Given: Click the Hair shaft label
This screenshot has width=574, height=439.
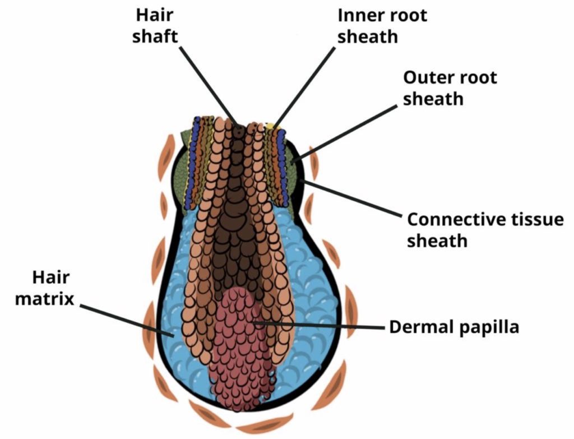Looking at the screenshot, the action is coord(155,26).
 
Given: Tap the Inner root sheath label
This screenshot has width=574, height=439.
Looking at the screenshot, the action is coord(382,26).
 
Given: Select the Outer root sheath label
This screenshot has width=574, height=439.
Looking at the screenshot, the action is coord(450,88).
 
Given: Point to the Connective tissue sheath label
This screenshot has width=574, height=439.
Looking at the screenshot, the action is coord(485,230).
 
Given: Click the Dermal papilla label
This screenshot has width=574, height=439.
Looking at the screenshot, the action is coord(454,327).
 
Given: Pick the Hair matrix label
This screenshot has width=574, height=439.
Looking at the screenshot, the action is coord(45,288).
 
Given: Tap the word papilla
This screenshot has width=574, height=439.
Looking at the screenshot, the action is coord(489,327).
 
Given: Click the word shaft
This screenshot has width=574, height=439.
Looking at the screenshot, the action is coord(155,36).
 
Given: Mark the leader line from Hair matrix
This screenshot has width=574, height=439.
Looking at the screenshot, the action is coord(126,319).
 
